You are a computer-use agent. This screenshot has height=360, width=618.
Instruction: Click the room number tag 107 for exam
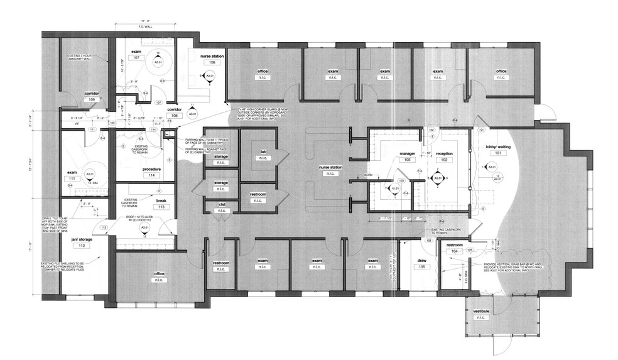point(135,57)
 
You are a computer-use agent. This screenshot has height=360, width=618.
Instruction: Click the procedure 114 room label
point(152,172)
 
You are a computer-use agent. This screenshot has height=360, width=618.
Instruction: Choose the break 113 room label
point(143,203)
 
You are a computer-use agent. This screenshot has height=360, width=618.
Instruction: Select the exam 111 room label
point(72,175)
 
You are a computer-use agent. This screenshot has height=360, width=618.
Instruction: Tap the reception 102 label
point(444,156)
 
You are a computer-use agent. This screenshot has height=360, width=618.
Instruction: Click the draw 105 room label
point(422,263)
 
